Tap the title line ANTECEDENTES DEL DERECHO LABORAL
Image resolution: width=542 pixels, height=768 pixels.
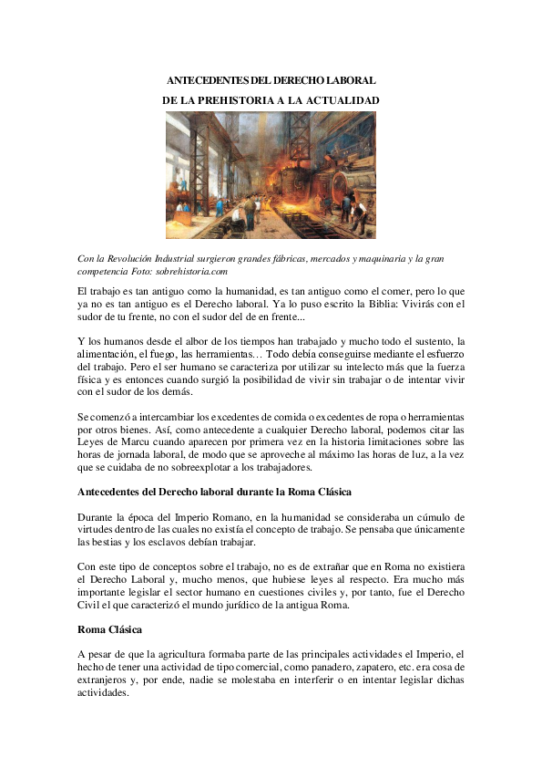(x=271, y=81)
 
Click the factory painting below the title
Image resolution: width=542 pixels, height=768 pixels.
(x=271, y=175)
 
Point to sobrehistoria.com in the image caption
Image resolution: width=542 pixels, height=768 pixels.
(x=190, y=271)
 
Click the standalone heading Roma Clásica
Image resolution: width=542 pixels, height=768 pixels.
(x=110, y=629)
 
